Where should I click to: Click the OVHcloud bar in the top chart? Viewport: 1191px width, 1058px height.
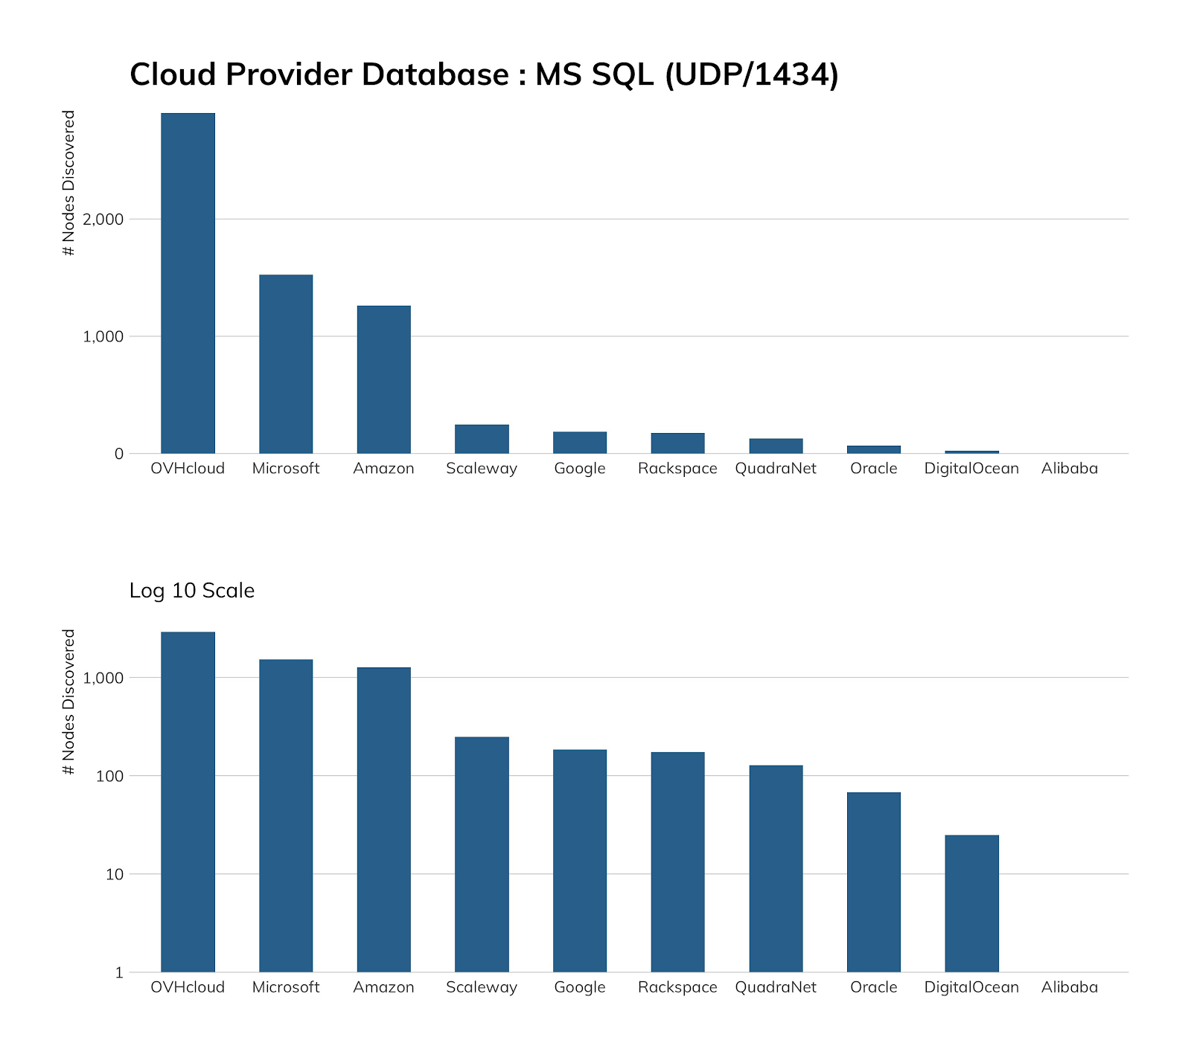point(188,283)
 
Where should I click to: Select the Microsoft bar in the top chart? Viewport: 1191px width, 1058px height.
point(286,364)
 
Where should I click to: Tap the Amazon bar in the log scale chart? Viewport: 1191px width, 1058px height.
point(383,819)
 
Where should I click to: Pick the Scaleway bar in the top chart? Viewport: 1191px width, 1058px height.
point(482,439)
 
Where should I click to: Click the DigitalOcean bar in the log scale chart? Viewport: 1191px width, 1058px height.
point(971,903)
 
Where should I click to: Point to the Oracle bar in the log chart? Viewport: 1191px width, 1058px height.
point(873,882)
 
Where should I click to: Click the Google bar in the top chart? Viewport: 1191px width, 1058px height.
point(580,443)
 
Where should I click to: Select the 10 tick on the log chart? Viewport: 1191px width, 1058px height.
point(115,874)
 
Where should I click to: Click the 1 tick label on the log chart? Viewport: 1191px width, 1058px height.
point(119,972)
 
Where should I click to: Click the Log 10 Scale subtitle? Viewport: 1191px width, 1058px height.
point(192,591)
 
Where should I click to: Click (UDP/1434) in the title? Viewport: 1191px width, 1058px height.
point(751,74)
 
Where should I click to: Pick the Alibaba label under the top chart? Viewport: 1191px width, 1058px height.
point(1069,469)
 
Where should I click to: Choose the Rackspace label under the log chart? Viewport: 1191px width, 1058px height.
point(677,987)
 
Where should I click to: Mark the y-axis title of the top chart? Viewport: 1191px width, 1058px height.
point(69,183)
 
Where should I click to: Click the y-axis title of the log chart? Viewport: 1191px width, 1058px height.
point(69,702)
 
